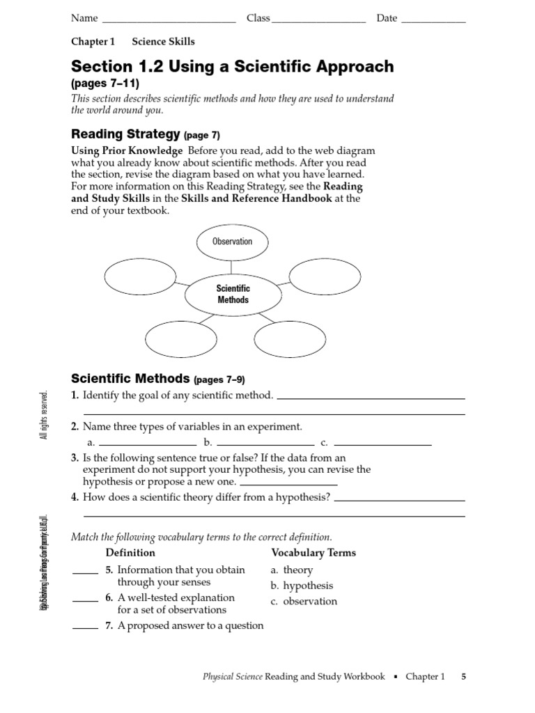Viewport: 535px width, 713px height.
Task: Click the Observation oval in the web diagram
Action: (233, 242)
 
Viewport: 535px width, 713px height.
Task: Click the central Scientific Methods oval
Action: (233, 295)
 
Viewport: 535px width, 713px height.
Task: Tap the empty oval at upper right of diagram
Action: (325, 276)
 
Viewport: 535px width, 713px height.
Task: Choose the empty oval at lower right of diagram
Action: (290, 339)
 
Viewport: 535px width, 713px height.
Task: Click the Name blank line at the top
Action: (169, 23)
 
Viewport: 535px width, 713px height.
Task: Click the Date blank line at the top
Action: (434, 23)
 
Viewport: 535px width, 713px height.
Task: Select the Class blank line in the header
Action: (319, 23)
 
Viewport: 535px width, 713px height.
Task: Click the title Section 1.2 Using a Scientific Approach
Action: (232, 67)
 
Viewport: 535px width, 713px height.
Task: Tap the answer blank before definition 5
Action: (85, 573)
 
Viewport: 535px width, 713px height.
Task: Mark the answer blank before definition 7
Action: (85, 628)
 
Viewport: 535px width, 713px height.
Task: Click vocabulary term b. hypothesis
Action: (302, 586)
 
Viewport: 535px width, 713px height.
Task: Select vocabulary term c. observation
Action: (304, 601)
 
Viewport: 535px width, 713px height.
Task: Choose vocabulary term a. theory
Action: (292, 570)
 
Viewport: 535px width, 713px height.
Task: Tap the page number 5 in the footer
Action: (463, 677)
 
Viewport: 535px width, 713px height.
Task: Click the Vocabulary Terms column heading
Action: (313, 553)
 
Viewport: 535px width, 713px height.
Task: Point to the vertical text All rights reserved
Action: (45, 415)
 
